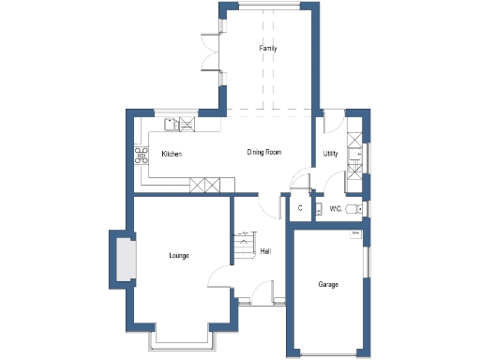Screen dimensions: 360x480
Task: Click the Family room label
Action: [267, 49]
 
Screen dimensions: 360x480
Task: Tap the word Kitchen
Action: [172, 153]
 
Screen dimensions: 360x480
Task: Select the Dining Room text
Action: [264, 152]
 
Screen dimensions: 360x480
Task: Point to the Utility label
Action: [330, 153]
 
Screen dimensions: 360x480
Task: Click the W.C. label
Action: [335, 208]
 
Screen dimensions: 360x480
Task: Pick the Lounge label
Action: [179, 255]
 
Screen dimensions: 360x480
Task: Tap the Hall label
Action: [266, 251]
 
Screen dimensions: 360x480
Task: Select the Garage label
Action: [327, 284]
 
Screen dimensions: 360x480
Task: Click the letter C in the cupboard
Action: [300, 208]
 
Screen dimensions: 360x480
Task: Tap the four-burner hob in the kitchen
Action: [142, 155]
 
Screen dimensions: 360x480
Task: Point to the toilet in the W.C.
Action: [352, 208]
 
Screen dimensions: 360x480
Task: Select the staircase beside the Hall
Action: [244, 246]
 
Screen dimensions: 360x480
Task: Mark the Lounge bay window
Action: [183, 339]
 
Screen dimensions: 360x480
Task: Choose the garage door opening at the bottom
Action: [327, 354]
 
